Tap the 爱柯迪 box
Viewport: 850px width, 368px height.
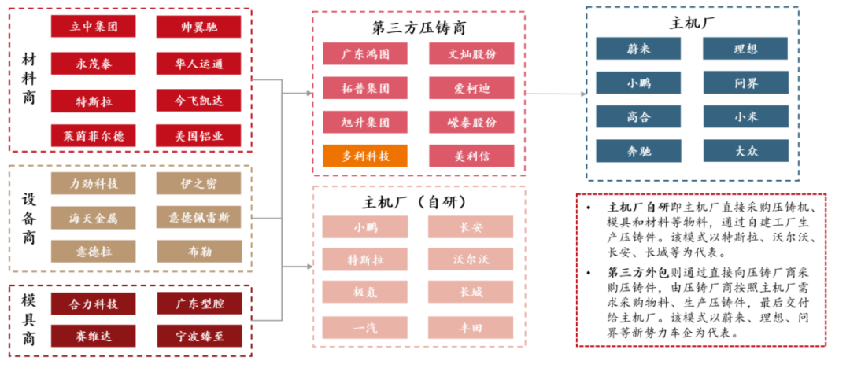coord(471,89)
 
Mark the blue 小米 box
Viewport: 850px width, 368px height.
coord(745,117)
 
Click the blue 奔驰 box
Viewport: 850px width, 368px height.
coord(638,151)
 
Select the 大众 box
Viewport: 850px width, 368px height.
coord(745,151)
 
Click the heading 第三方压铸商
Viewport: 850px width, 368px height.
coord(419,28)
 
